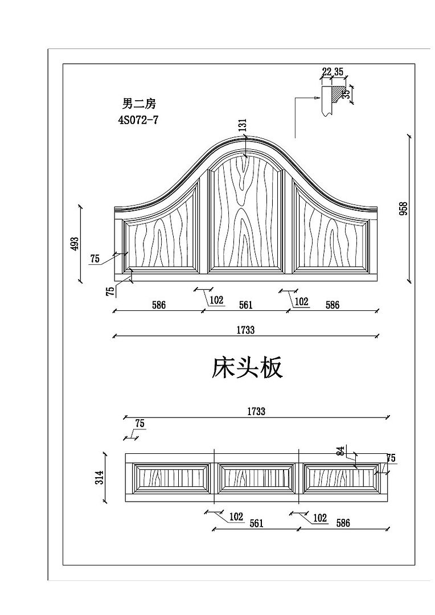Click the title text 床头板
click(x=247, y=368)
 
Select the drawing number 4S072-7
click(x=137, y=120)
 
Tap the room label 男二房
click(x=139, y=104)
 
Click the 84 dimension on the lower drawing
click(x=340, y=451)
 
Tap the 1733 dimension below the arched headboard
click(x=246, y=330)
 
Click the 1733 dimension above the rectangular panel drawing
click(x=256, y=411)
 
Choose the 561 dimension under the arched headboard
click(x=245, y=305)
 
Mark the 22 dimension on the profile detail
click(x=326, y=72)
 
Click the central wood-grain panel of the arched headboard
click(x=246, y=216)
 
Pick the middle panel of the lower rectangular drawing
click(x=256, y=477)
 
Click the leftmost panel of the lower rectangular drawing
click(x=170, y=477)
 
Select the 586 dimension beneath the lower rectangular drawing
click(x=342, y=523)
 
